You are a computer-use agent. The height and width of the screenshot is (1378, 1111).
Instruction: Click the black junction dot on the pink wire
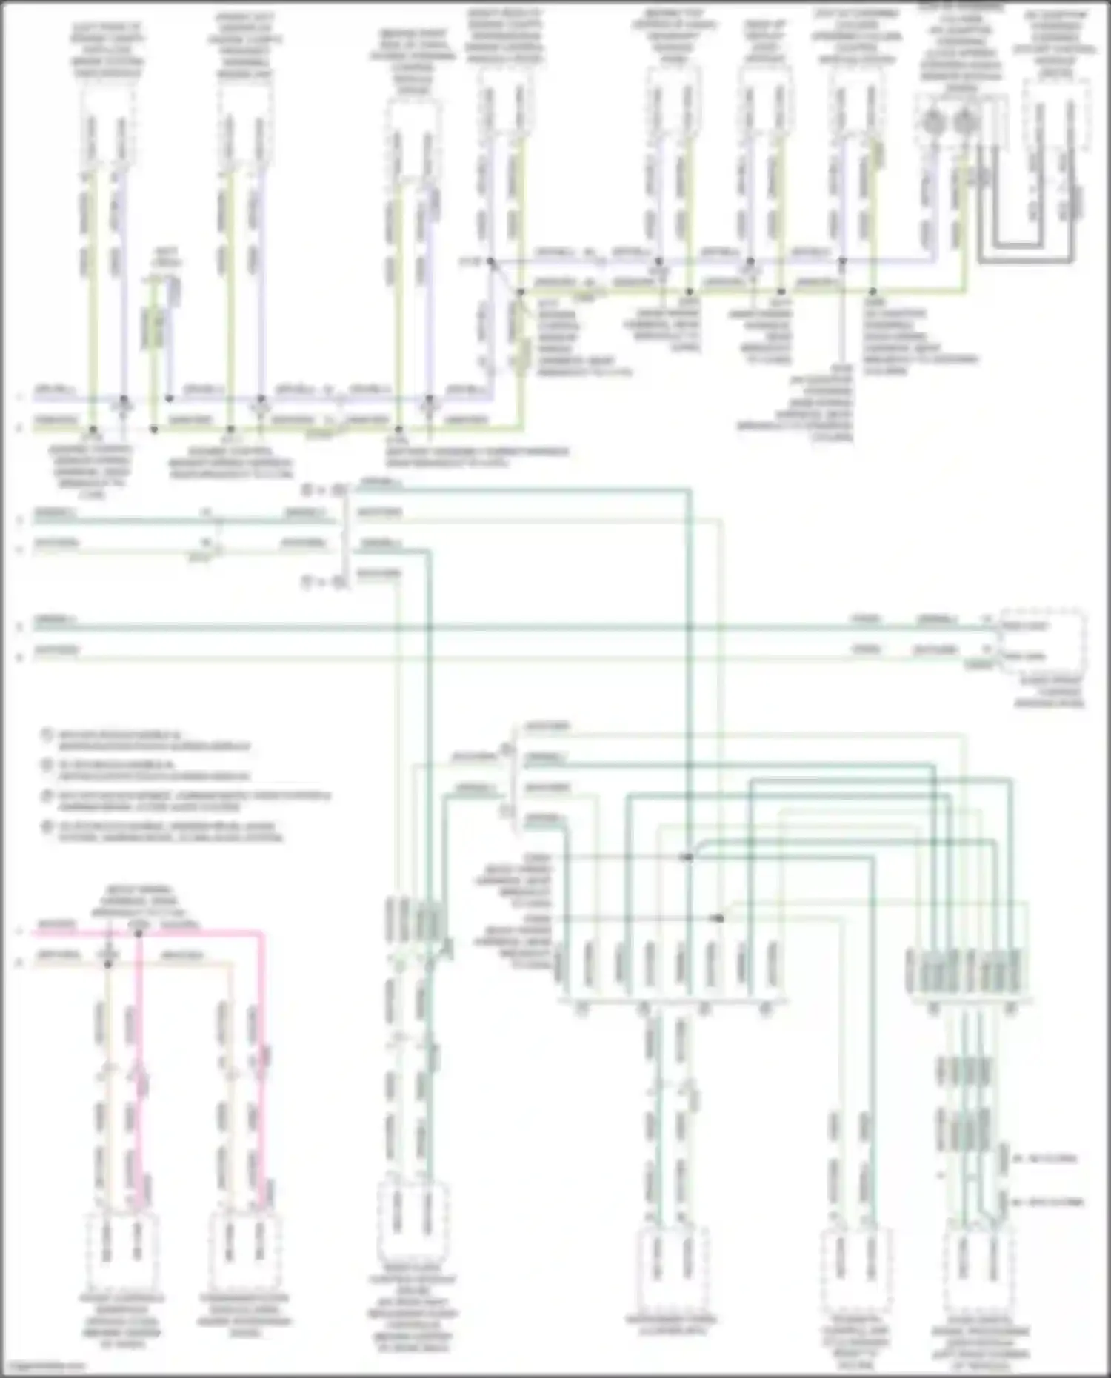139,934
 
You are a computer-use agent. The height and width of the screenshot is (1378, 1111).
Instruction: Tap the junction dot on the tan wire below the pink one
108,964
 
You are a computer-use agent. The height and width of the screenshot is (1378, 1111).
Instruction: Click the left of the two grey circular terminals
933,123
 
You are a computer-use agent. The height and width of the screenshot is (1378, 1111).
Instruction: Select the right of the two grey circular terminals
964,123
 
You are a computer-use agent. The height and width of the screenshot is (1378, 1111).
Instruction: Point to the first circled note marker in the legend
46,736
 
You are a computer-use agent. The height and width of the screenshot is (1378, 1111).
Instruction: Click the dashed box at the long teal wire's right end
1043,641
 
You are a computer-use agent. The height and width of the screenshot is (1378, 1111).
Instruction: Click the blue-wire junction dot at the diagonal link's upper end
490,261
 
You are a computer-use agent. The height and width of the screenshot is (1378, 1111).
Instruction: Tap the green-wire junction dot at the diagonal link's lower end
520,292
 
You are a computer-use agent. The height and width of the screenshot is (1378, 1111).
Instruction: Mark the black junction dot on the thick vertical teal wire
688,857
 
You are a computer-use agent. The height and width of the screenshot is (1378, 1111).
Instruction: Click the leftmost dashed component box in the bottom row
122,1250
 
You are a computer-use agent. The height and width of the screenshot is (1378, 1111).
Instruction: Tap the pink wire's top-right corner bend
261,935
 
